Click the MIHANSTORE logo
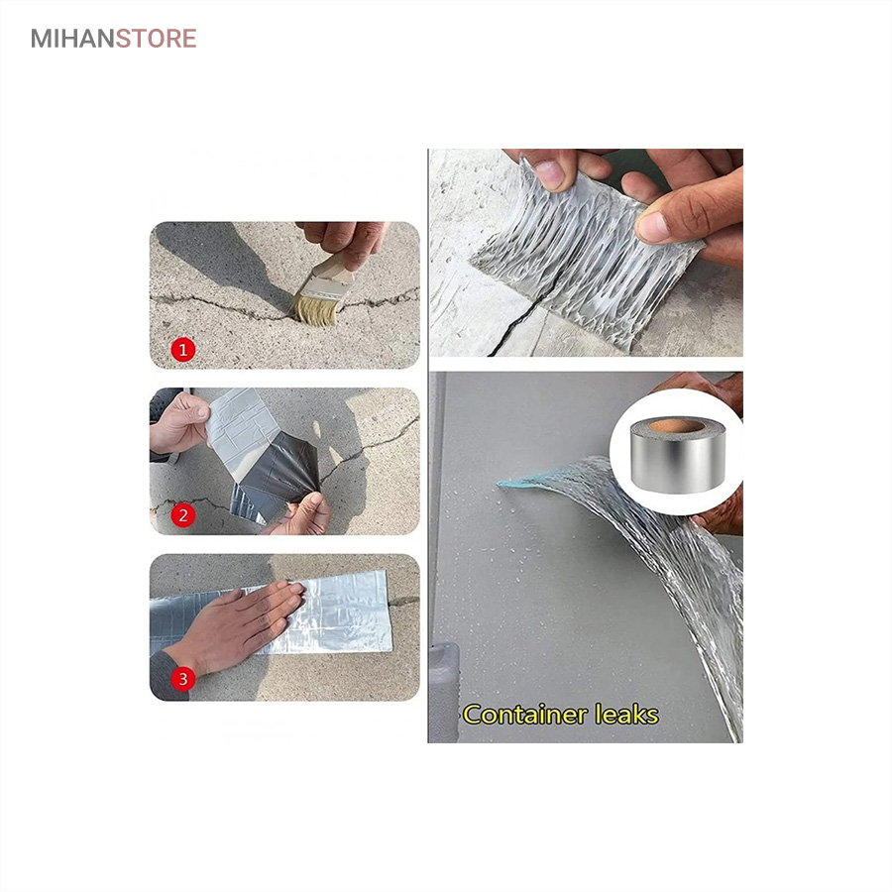114,39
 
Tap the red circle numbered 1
183,350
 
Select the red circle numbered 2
183,515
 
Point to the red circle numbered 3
183,679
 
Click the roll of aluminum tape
678,455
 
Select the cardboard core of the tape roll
676,426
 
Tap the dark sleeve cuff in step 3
167,676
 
